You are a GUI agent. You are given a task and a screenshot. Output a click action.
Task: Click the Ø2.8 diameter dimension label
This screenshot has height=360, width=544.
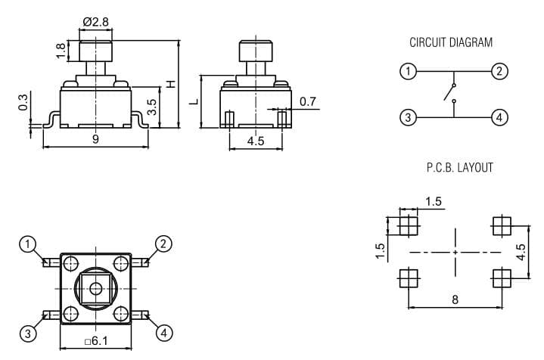96,22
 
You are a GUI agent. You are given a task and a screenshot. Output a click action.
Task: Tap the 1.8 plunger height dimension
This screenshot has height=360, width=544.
61,51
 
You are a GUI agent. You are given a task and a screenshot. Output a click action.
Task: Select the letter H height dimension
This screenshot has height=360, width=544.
171,84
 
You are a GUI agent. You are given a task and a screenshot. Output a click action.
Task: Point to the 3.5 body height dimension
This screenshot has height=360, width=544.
152,107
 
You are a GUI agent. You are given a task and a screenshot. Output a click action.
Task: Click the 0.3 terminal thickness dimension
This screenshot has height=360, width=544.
23,102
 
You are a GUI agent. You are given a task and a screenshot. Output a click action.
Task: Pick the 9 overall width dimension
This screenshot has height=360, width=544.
95,139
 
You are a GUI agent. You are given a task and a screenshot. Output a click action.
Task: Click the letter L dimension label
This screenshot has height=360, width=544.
194,101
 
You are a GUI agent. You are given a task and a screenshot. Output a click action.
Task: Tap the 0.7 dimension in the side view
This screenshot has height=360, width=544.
308,101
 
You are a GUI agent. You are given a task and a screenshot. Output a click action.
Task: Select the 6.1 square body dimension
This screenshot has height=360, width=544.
96,341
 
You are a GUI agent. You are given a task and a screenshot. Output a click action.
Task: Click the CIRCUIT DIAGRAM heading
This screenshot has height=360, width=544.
451,42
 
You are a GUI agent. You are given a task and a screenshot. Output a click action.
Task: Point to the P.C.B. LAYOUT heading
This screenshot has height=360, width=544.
460,167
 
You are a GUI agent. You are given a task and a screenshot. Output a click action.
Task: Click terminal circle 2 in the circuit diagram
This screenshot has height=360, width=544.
499,71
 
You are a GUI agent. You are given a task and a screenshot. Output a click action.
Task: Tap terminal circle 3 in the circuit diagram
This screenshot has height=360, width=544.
408,117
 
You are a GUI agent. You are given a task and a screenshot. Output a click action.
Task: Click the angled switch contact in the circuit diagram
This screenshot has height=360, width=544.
449,92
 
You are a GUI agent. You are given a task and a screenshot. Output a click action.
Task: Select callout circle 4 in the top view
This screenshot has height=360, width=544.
163,334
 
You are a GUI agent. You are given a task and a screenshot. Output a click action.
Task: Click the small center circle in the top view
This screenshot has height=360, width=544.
95,288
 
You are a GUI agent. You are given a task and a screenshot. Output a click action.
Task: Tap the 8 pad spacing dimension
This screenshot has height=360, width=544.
455,299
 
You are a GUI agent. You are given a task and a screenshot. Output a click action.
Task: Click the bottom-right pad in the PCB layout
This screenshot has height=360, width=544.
502,278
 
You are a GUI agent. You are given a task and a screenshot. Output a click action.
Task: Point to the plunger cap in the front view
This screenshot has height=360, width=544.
96,51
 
